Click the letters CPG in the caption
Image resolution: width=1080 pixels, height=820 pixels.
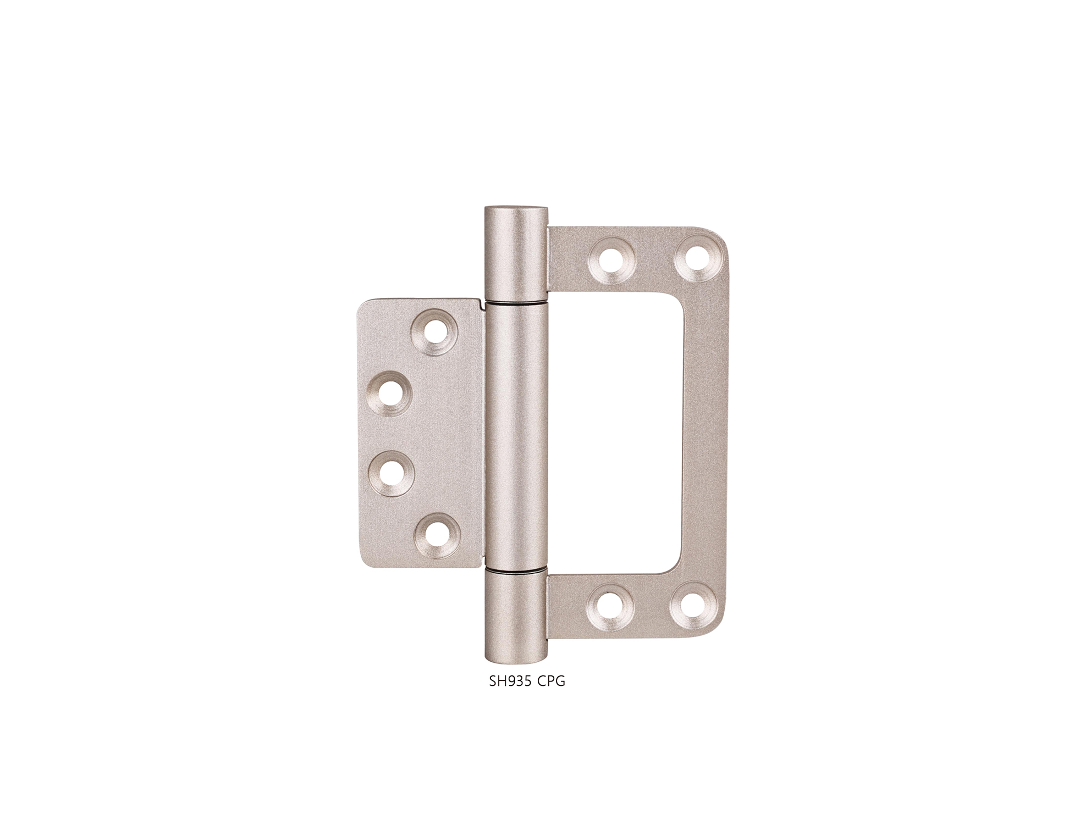[x=552, y=682]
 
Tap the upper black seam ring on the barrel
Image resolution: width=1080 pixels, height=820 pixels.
[x=516, y=301]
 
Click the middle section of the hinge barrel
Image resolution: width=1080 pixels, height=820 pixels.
[x=516, y=437]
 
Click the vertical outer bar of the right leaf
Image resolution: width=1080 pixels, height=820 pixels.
[x=706, y=434]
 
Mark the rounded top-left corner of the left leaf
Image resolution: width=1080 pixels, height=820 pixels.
[x=364, y=307]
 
